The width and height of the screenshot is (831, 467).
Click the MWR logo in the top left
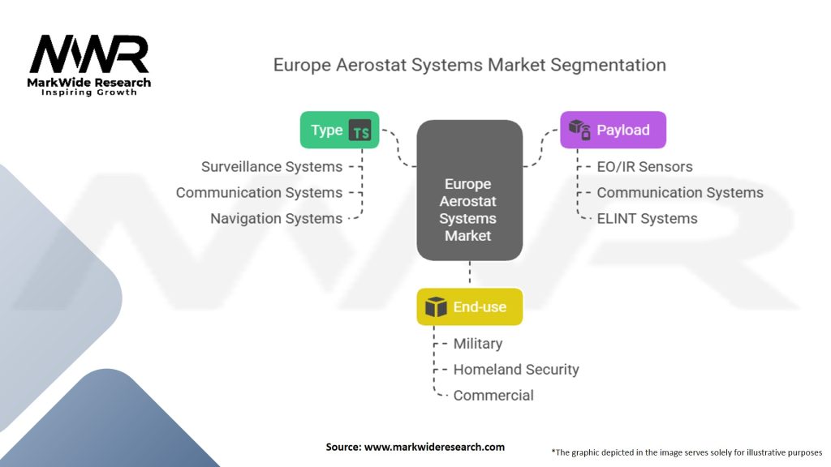(89, 56)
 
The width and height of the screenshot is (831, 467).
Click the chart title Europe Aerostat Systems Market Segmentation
(469, 65)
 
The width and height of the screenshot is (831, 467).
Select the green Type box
(339, 130)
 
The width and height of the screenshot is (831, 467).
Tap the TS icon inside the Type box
(360, 131)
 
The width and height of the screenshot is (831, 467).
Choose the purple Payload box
(613, 130)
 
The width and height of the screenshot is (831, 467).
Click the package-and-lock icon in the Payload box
(579, 130)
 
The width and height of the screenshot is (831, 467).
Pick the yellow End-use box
(469, 306)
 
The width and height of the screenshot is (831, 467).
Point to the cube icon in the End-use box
(436, 307)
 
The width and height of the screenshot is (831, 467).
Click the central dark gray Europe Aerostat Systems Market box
(469, 191)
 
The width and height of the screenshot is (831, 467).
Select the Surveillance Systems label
(272, 166)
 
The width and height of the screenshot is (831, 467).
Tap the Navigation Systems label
(276, 218)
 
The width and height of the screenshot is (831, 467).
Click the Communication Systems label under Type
(259, 192)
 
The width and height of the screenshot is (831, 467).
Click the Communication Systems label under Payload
(680, 192)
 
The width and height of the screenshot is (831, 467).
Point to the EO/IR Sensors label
(644, 166)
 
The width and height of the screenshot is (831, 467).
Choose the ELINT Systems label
(647, 218)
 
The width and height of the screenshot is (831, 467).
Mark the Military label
(478, 344)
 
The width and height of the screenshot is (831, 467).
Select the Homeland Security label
(516, 369)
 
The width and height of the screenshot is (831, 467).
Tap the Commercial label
(493, 395)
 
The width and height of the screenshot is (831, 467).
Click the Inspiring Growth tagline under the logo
(89, 92)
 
